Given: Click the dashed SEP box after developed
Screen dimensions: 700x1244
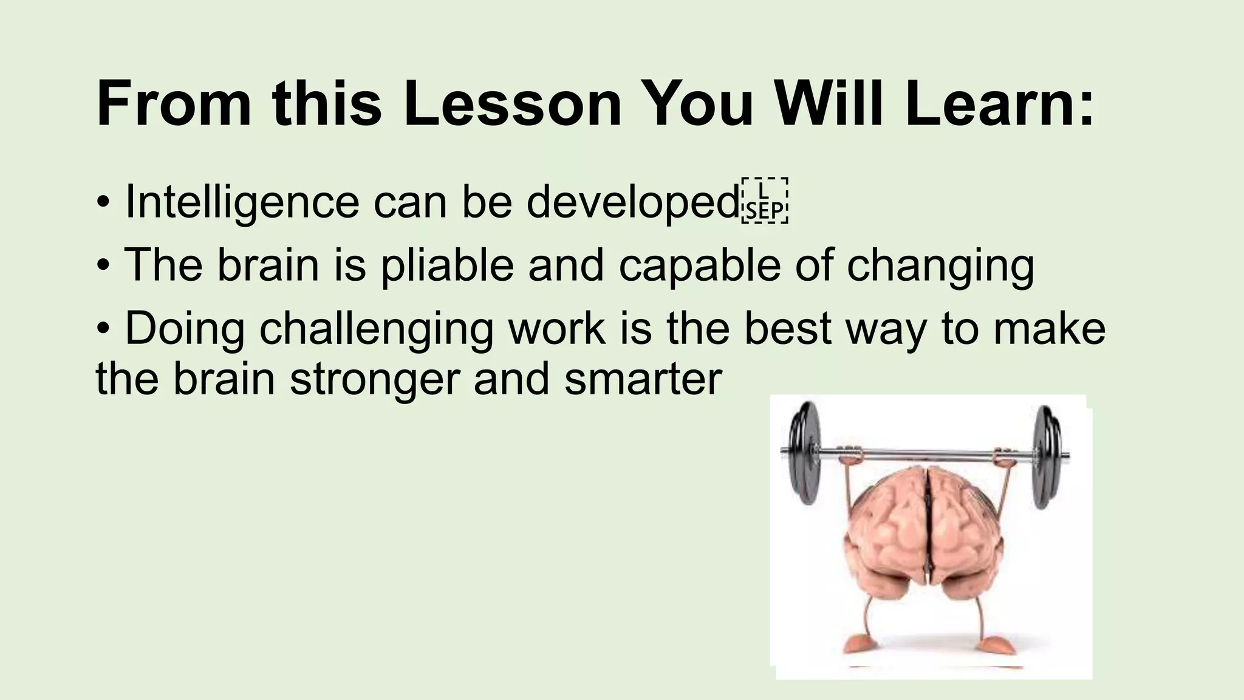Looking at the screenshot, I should click(x=765, y=201).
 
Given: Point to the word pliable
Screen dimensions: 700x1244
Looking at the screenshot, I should click(x=447, y=266).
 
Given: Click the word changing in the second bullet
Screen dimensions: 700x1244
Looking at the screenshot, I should click(x=940, y=266).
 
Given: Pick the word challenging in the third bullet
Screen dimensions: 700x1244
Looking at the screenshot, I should click(x=376, y=329).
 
